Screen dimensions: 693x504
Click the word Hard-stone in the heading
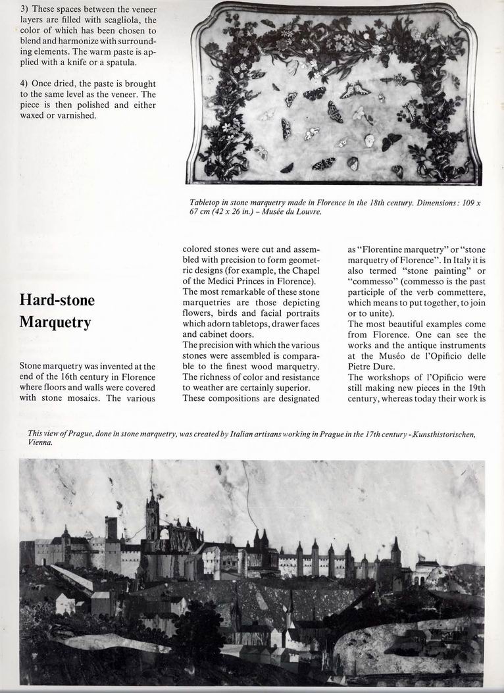click(57, 301)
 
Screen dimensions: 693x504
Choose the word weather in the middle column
click(205, 388)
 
